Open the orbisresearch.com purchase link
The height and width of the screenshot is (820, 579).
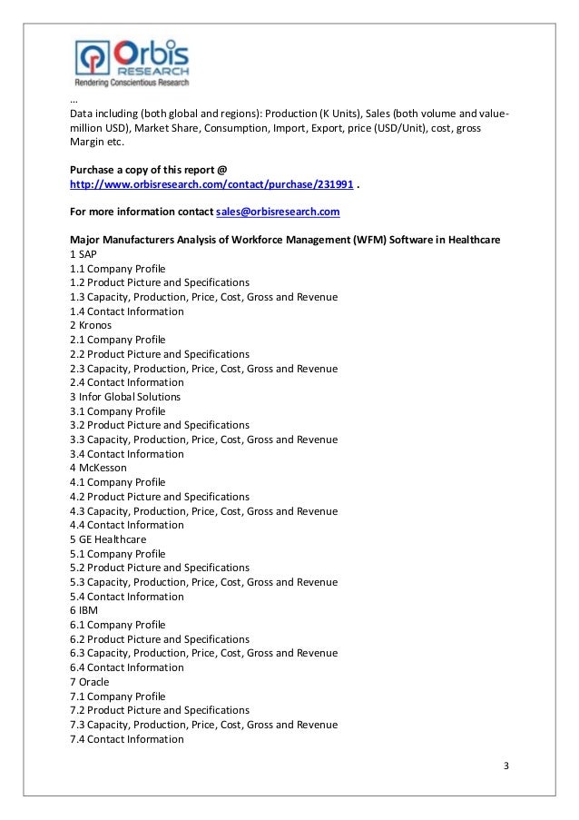(x=212, y=183)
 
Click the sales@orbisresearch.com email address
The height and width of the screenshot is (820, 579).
(x=278, y=212)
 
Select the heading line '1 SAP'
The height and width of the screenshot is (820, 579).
(x=83, y=254)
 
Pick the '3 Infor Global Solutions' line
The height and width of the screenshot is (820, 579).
(x=125, y=397)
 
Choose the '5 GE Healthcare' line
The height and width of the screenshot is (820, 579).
(x=108, y=539)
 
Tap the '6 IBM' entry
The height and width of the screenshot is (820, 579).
(x=83, y=610)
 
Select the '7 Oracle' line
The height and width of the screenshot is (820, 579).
(x=89, y=682)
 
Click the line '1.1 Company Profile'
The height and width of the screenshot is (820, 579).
(x=118, y=269)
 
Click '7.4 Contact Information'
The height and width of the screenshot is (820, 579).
(x=127, y=739)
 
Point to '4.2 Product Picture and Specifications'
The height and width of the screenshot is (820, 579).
(x=160, y=497)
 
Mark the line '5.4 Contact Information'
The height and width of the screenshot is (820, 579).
(x=127, y=597)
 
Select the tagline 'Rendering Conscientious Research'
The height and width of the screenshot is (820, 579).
(x=132, y=83)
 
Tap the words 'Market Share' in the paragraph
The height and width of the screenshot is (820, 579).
(x=166, y=128)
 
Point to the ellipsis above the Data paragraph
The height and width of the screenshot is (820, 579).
(x=74, y=100)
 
